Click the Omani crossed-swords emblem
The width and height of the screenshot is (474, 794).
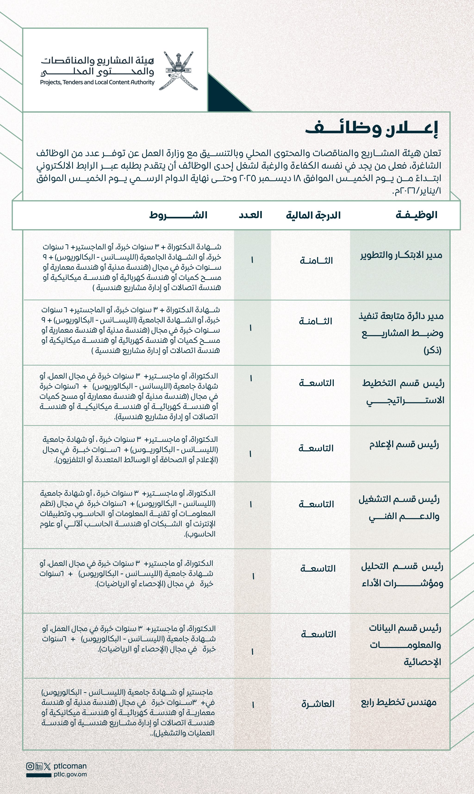pos(178,71)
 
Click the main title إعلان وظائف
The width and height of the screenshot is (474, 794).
pos(371,129)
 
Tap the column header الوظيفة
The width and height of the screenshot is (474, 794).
pos(416,215)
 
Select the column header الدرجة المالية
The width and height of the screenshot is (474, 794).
pos(313,215)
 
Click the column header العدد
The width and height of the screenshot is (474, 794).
pos(250,215)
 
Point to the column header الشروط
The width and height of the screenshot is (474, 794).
pos(178,215)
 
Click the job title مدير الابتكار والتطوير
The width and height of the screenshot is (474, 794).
pos(401,255)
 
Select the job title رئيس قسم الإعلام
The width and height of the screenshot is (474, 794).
pos(404,444)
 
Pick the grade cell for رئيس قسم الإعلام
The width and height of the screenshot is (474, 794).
pos(316,448)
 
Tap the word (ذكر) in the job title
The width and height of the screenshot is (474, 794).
pos(433,350)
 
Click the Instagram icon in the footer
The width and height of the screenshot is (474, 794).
pos(30,766)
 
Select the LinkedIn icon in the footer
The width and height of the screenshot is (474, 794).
pos(39,766)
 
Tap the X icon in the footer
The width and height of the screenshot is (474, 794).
pos(47,766)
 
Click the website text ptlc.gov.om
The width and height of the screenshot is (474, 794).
pos(70,774)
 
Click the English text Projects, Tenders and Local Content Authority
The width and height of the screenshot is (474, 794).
pos(97,82)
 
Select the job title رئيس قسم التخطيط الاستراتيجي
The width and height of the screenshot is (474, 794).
pos(403,391)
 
